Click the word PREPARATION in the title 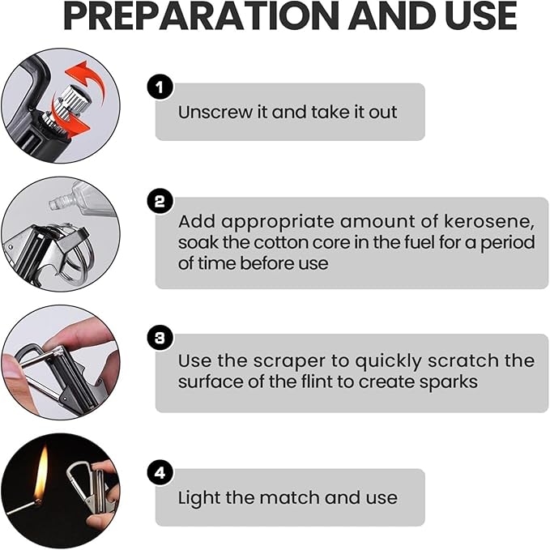pos(202,16)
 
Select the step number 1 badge pos(160,87)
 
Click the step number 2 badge pos(160,202)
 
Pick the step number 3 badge pos(160,338)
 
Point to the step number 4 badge pos(160,473)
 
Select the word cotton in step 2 pos(279,243)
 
